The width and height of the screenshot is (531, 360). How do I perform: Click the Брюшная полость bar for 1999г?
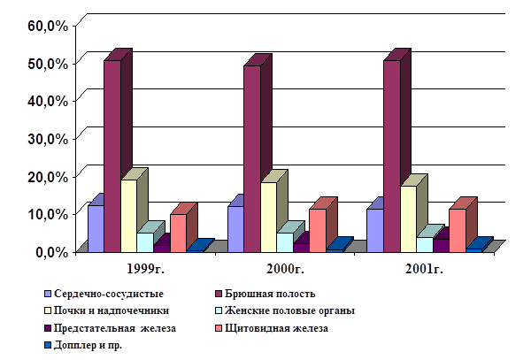pyautogui.click(x=112, y=155)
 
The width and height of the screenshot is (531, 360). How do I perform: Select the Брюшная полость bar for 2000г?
pyautogui.click(x=252, y=159)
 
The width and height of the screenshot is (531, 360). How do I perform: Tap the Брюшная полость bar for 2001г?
pyautogui.click(x=391, y=155)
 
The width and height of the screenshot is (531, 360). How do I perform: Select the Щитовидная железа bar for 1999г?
pyautogui.click(x=179, y=233)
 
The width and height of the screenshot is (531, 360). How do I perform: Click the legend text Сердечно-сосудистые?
pyautogui.click(x=109, y=293)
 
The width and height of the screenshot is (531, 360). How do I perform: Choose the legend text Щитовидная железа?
pyautogui.click(x=278, y=329)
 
